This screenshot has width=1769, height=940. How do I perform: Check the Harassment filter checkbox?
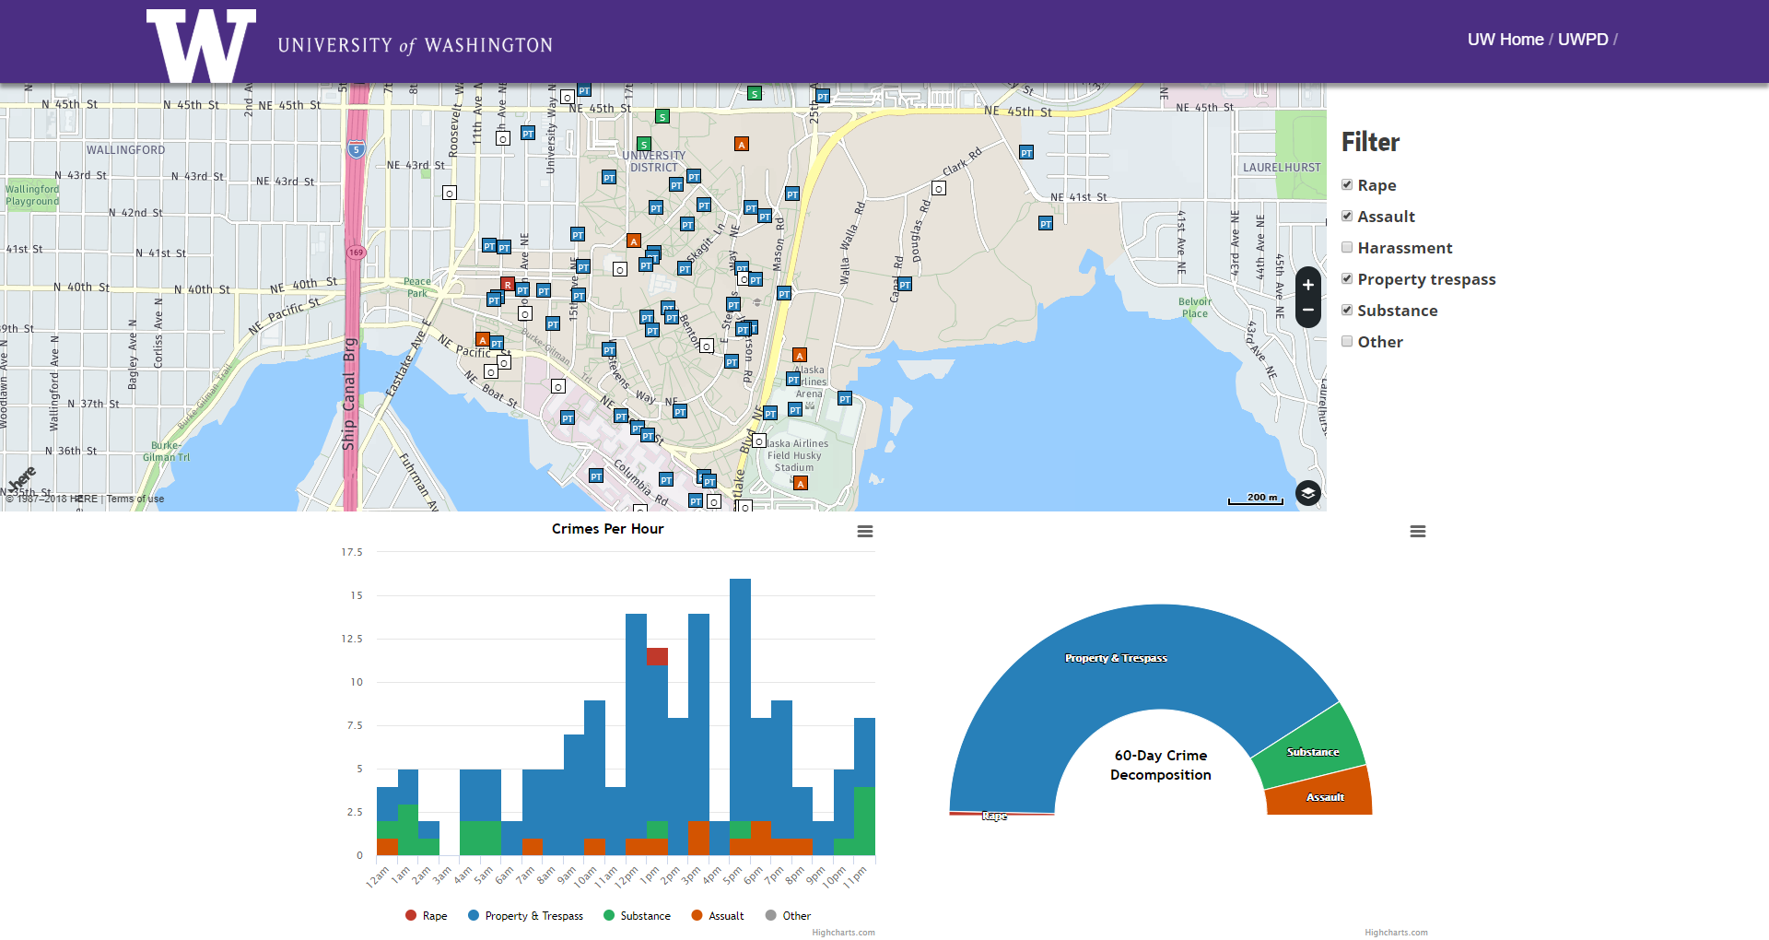(x=1347, y=248)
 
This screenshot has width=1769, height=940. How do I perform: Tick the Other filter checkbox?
(x=1347, y=342)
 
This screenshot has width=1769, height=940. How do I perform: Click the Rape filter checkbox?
(x=1347, y=185)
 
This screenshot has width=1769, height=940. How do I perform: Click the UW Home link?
(x=1505, y=40)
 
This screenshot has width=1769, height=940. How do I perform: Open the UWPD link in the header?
(x=1582, y=40)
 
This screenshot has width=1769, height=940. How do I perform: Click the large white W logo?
(x=201, y=45)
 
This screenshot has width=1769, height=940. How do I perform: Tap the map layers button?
(x=1307, y=493)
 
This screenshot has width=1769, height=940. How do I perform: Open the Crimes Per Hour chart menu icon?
(x=864, y=532)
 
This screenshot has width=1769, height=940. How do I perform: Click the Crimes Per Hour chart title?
(x=607, y=529)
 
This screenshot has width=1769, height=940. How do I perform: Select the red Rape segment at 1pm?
(x=657, y=656)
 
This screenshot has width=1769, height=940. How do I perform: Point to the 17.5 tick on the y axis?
(x=352, y=553)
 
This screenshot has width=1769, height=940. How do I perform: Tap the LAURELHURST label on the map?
(x=1281, y=168)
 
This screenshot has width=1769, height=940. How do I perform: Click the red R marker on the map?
(x=508, y=285)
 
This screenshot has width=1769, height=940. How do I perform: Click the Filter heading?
(x=1370, y=142)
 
